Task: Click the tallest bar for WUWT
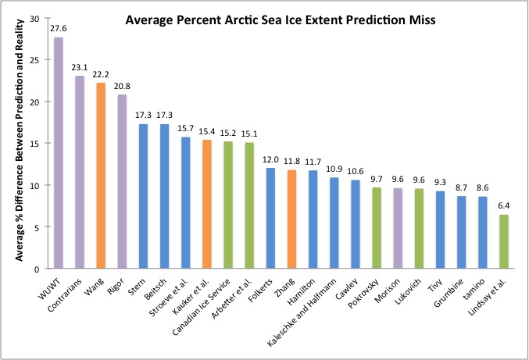(x=59, y=153)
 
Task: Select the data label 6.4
(x=505, y=207)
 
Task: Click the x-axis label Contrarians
(x=66, y=292)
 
